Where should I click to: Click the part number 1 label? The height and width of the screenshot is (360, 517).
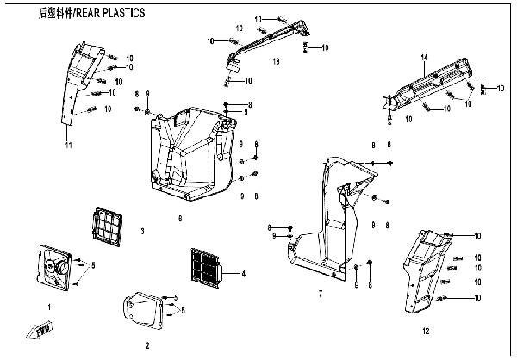click(x=50, y=307)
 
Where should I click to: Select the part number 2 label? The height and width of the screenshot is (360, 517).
click(x=146, y=344)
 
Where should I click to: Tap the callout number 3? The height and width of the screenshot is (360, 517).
click(x=142, y=232)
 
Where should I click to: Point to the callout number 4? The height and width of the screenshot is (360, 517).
click(x=244, y=273)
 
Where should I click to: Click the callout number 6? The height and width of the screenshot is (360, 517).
click(x=179, y=219)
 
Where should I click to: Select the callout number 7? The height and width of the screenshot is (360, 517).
click(x=320, y=295)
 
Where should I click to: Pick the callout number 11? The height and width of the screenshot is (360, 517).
click(x=67, y=144)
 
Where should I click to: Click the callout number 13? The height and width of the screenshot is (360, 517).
click(x=276, y=62)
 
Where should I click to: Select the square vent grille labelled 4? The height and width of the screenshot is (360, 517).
click(x=205, y=267)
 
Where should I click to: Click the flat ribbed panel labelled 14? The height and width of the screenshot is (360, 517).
click(x=431, y=84)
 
